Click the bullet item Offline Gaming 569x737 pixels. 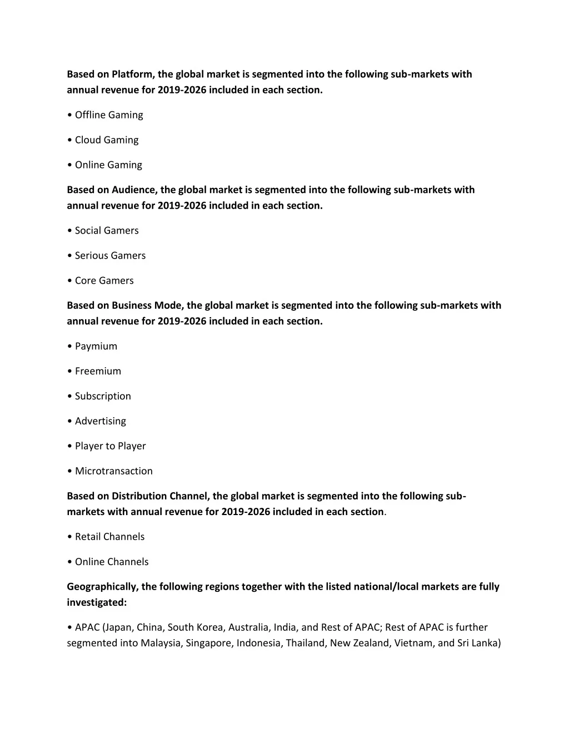click(x=109, y=115)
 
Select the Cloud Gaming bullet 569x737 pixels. click(x=107, y=140)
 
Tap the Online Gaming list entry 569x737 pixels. click(x=108, y=165)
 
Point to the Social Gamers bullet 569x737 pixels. click(x=107, y=231)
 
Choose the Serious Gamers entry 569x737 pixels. click(x=110, y=256)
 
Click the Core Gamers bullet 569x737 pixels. click(x=104, y=281)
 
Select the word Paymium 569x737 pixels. click(x=96, y=347)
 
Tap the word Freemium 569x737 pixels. click(x=98, y=372)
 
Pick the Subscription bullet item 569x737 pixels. click(x=103, y=397)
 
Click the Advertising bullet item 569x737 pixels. click(x=101, y=422)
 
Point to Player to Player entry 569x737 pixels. click(x=110, y=446)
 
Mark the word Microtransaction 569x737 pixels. click(x=114, y=471)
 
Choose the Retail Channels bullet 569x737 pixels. click(x=109, y=537)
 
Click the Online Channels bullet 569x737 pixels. click(x=112, y=562)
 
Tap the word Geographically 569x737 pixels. click(x=102, y=587)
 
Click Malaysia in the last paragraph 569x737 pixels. click(x=160, y=644)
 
